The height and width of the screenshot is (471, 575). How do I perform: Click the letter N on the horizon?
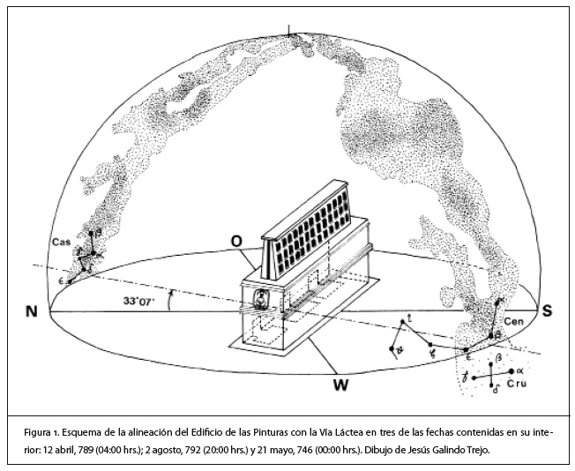coord(31,311)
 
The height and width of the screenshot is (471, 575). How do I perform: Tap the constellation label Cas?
coord(61,241)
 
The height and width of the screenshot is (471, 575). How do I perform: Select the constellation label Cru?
coord(517,385)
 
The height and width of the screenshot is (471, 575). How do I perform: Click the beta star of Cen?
coord(494,336)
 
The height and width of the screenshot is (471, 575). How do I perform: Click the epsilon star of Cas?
coord(68,280)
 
